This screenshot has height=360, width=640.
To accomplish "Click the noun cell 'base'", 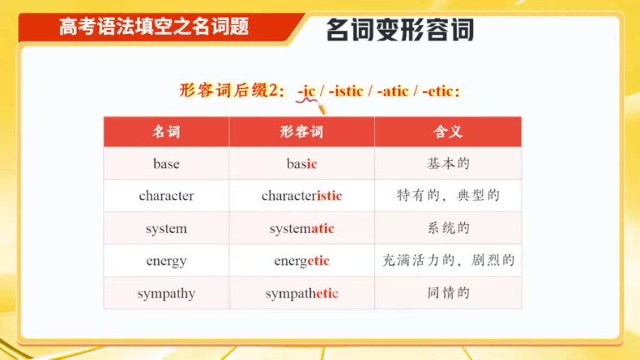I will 166,163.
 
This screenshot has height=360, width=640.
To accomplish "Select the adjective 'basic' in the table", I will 302,163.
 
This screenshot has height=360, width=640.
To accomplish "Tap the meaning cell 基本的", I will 448,163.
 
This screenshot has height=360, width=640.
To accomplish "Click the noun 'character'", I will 166,196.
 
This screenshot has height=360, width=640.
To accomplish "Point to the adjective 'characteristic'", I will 302,196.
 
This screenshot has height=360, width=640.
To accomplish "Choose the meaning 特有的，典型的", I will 448,196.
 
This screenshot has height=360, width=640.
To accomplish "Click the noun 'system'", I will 166,228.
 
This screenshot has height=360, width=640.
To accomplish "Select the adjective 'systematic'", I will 302,228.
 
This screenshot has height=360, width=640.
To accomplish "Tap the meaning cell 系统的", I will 448,228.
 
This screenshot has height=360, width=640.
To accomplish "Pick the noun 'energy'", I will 166,261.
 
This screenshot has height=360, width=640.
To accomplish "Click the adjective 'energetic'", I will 302,261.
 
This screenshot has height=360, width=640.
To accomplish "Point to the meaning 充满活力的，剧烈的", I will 448,261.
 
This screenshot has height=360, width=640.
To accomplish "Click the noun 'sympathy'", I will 166,293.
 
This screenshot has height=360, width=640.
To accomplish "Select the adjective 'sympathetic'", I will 302,293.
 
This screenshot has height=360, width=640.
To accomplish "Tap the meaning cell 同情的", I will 448,293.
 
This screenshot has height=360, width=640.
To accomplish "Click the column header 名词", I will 166,132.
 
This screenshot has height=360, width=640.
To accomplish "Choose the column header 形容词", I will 302,132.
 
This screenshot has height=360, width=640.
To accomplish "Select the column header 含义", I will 448,132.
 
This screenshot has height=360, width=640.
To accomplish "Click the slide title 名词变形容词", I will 400,31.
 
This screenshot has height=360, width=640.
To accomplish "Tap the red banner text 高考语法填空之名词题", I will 154,28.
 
